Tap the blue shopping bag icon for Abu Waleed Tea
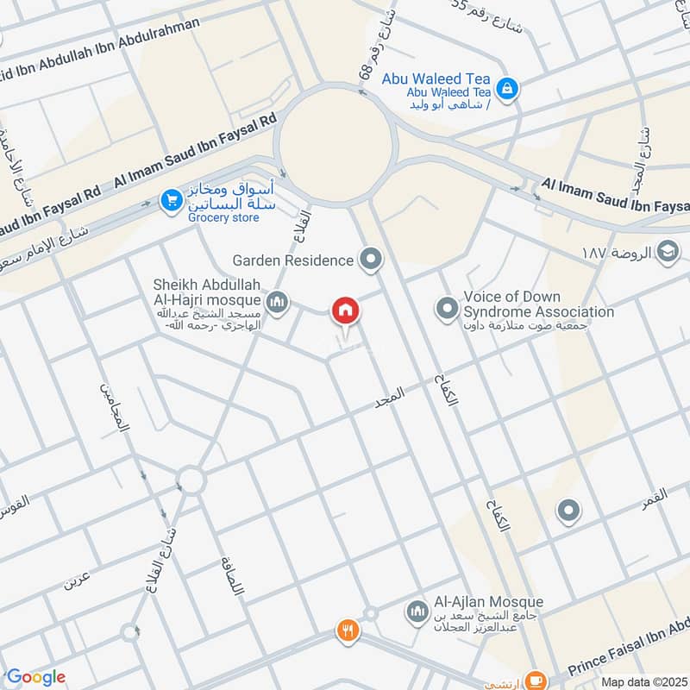click(508, 87)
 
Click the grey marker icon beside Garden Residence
click(371, 259)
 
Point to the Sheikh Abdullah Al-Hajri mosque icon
click(276, 301)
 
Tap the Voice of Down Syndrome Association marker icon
click(447, 307)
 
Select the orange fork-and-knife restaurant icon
click(348, 630)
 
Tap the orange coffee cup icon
click(535, 681)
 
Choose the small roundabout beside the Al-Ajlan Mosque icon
click(370, 613)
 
